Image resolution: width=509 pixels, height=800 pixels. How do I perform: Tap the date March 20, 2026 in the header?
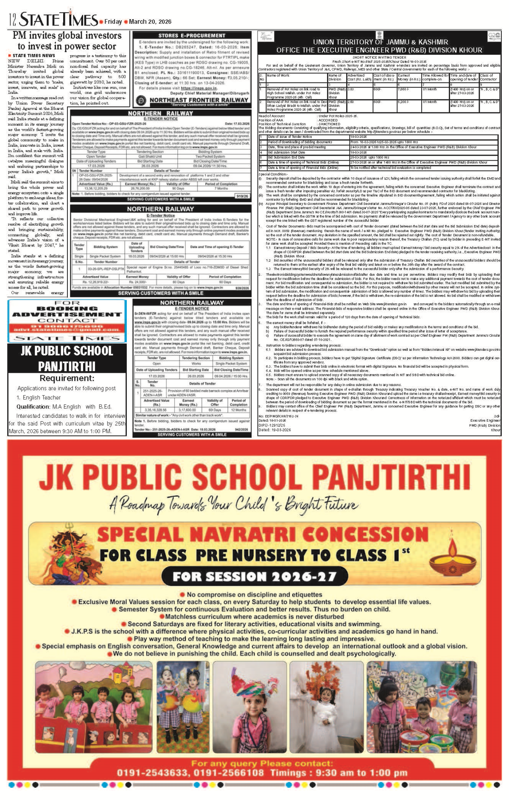[x=150, y=22]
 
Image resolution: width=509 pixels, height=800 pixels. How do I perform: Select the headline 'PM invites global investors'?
[x=67, y=36]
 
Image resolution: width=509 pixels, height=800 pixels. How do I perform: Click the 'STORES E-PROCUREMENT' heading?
[x=192, y=36]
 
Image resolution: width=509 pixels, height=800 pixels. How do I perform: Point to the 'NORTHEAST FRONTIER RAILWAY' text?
[x=199, y=100]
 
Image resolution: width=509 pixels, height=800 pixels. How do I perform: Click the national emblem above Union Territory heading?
[x=379, y=36]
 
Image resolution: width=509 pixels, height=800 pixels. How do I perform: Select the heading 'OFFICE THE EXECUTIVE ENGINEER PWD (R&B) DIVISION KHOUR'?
[x=379, y=50]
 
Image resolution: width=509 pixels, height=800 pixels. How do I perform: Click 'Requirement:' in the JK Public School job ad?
[x=67, y=378]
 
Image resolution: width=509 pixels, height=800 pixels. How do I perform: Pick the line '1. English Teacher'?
[x=39, y=397]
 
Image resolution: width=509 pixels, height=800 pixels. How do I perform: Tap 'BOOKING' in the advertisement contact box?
[x=67, y=309]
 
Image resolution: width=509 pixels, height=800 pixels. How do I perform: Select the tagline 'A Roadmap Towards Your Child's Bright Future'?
[x=233, y=504]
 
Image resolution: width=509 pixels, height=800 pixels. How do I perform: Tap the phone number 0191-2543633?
[x=154, y=772]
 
